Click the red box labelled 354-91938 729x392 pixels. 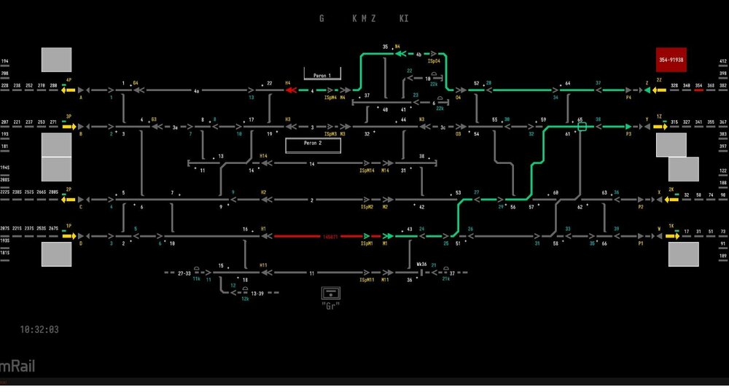click(x=671, y=60)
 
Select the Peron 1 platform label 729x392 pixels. click(x=322, y=76)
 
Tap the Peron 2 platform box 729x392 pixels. click(x=313, y=144)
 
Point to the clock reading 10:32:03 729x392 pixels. click(x=40, y=329)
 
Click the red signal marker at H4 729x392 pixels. click(x=291, y=90)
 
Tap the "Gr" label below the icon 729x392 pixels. click(x=331, y=305)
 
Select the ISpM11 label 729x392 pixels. click(x=367, y=280)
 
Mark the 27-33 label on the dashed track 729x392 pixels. click(x=184, y=273)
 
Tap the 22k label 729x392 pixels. click(x=440, y=108)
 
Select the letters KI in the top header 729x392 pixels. click(x=404, y=18)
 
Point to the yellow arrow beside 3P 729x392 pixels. click(x=69, y=126)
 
